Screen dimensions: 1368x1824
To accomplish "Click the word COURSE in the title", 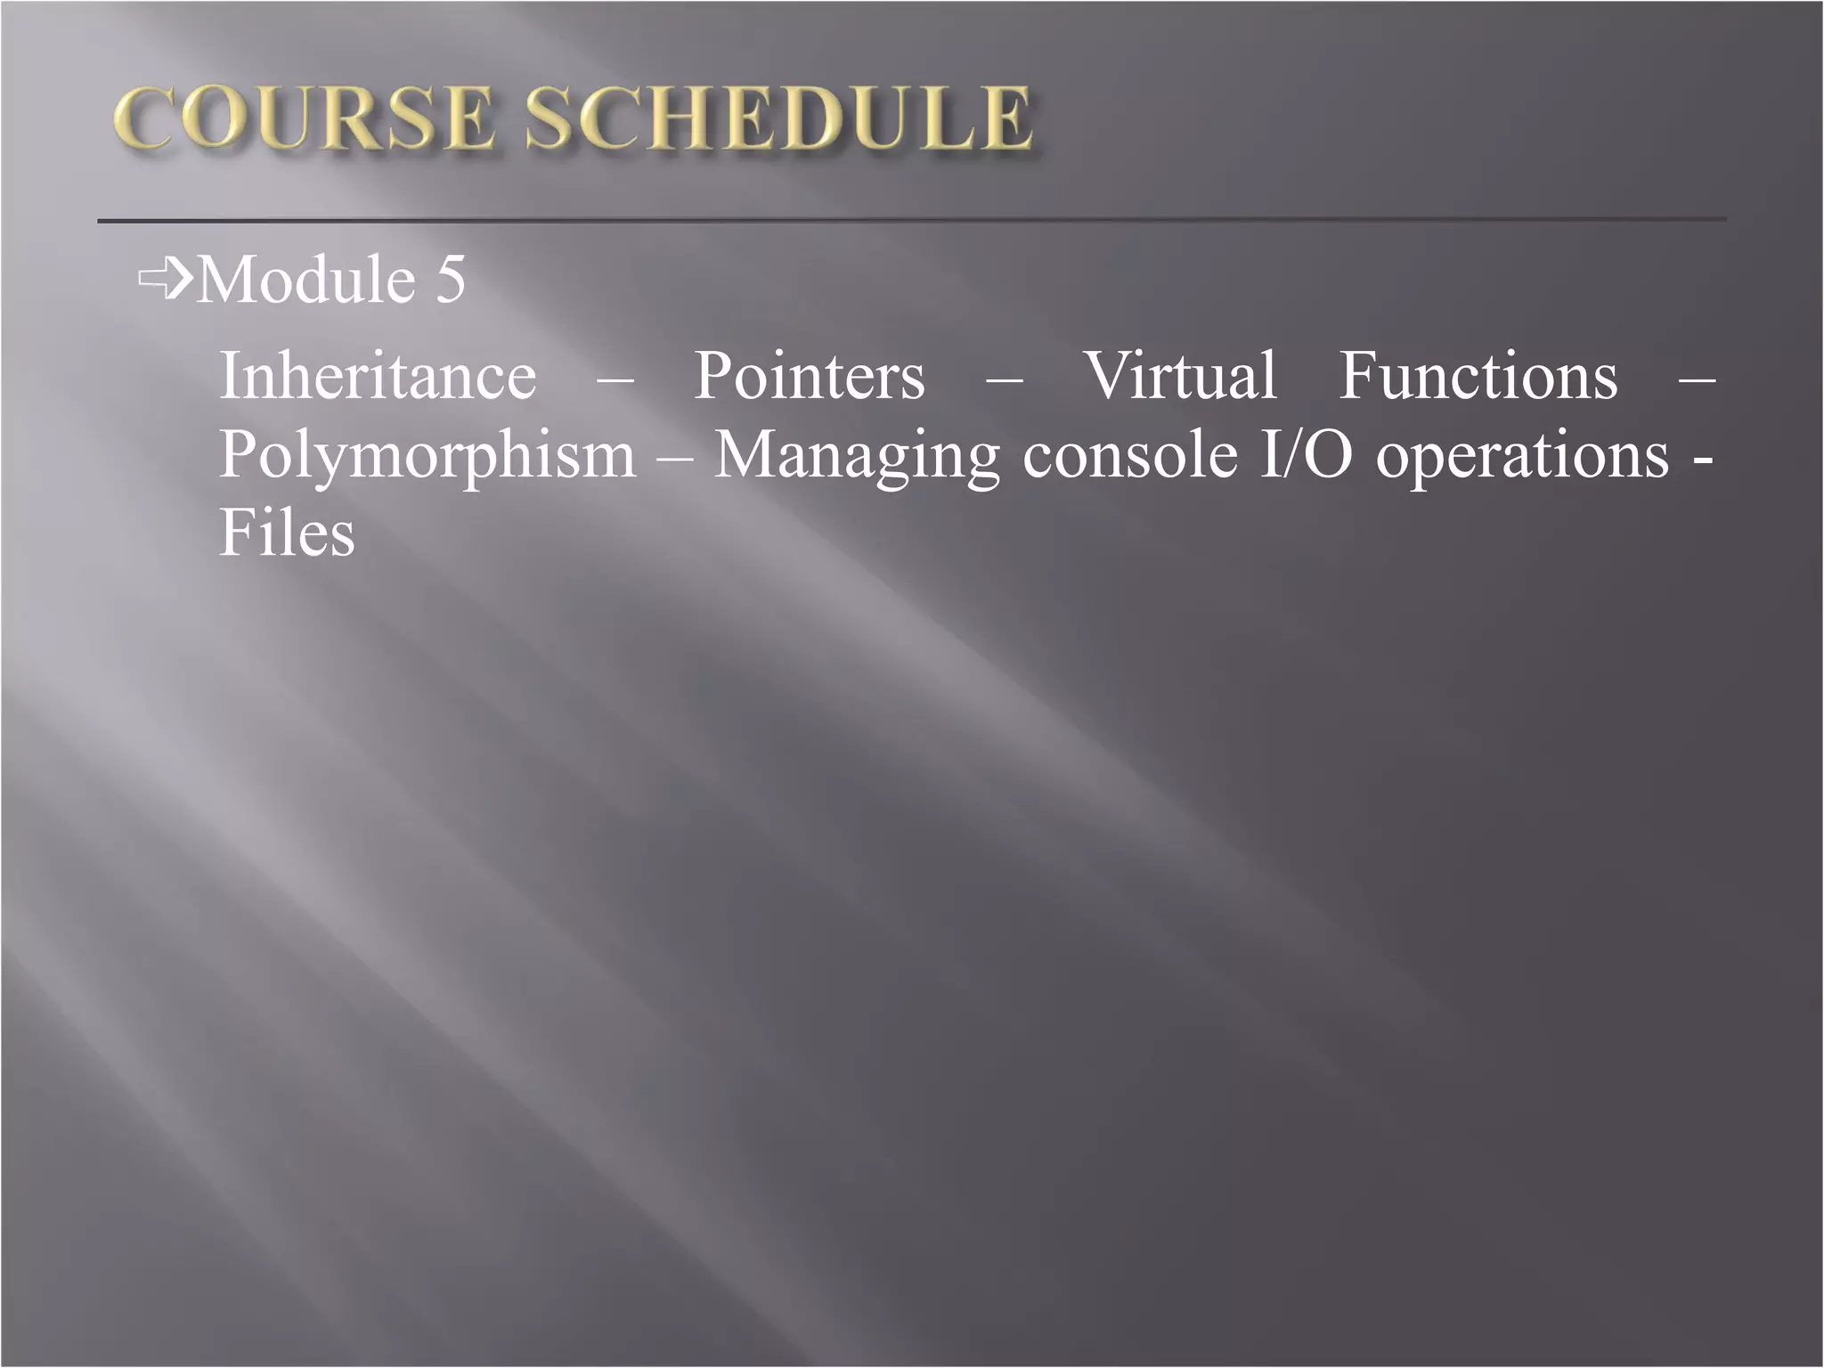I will click(x=303, y=118).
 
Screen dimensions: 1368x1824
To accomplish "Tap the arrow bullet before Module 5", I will click(x=166, y=281).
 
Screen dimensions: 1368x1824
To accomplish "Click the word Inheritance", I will click(x=378, y=376).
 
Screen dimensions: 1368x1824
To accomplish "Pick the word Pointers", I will click(x=809, y=376).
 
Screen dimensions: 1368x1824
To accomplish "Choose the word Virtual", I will click(x=1179, y=376).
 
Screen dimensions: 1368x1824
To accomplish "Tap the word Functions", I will click(x=1478, y=376).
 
